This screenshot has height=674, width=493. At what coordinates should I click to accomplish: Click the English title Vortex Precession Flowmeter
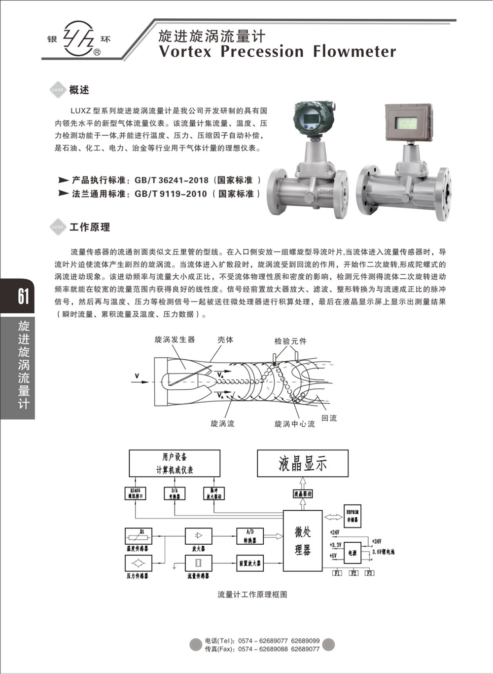(x=278, y=51)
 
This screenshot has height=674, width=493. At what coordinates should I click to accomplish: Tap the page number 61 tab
(x=23, y=296)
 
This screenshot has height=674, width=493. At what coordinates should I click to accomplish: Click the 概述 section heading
(x=79, y=90)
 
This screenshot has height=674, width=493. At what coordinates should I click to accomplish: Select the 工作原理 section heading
(x=90, y=227)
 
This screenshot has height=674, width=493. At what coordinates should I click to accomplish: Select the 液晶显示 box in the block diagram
(x=303, y=464)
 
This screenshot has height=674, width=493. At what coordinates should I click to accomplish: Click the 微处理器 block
(x=303, y=541)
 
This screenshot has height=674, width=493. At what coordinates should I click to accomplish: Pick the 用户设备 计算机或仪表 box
(x=175, y=463)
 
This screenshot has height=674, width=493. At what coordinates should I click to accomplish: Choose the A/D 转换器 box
(x=250, y=536)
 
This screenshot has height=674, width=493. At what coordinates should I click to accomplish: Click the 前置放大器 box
(x=249, y=563)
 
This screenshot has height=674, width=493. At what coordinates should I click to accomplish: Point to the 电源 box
(x=352, y=553)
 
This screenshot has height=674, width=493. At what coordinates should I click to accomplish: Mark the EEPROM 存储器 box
(x=352, y=517)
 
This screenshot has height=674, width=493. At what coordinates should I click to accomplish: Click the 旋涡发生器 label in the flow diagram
(x=175, y=339)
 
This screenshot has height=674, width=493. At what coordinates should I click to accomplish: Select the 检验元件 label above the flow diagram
(x=290, y=341)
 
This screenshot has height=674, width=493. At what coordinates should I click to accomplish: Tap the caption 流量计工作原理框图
(x=252, y=595)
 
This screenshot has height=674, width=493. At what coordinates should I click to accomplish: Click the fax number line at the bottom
(x=262, y=649)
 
